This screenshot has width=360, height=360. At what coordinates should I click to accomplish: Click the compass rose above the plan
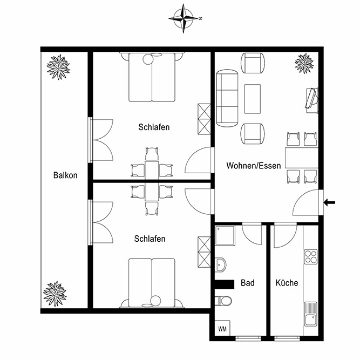184,18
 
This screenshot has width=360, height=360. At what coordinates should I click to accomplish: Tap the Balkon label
65,175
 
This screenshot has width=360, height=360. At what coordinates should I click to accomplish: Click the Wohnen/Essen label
254,166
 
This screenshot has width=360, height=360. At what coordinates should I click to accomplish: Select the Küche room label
287,283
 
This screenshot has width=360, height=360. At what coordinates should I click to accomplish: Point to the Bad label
248,283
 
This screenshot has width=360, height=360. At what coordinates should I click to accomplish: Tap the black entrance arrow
329,202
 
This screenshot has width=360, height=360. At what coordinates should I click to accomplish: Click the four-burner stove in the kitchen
311,256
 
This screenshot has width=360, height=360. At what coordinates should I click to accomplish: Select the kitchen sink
311,314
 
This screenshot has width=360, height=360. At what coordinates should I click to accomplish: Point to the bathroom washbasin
220,264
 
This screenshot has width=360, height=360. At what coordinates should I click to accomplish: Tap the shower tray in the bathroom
225,235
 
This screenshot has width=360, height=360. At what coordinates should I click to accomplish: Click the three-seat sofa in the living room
227,98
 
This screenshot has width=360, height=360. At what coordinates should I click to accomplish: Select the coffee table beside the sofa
253,99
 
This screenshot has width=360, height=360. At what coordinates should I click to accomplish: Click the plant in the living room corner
304,63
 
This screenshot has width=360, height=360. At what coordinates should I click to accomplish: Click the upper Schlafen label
154,127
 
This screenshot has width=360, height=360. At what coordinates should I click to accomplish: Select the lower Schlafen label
150,239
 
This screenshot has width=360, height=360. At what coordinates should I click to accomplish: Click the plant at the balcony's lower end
55,294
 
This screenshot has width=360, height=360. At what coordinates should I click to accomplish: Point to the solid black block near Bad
225,284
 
